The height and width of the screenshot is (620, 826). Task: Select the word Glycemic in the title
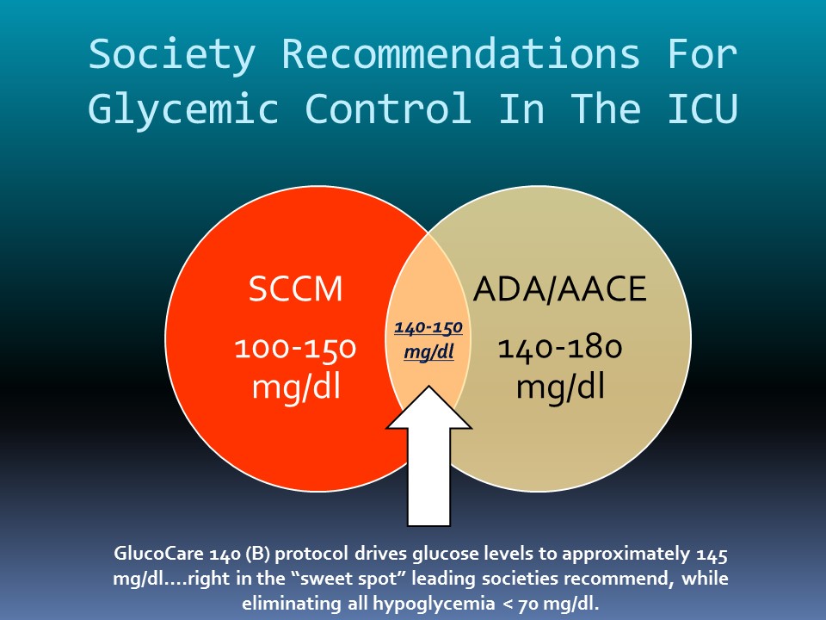[183, 109]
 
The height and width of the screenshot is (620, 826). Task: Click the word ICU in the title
[703, 108]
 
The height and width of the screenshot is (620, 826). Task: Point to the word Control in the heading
[388, 108]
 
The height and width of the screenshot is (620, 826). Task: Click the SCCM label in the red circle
[295, 289]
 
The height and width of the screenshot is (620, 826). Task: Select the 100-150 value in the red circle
[295, 349]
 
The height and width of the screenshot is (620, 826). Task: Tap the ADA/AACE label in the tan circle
[560, 289]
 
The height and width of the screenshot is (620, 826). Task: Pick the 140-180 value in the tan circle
[560, 348]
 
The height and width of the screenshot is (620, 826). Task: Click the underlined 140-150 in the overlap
[428, 328]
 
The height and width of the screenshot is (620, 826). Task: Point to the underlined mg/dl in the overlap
[428, 351]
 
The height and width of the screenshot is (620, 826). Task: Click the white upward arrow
[428, 456]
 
